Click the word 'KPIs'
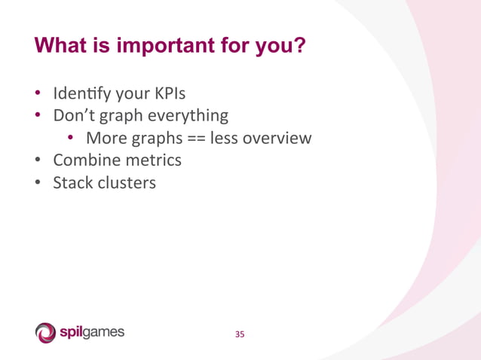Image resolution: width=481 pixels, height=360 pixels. (x=168, y=95)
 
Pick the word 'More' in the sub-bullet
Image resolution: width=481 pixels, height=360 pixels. (x=105, y=139)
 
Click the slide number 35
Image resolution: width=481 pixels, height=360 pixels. (x=240, y=334)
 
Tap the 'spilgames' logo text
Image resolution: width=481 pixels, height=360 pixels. (x=92, y=332)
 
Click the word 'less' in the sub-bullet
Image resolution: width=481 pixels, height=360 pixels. (x=224, y=139)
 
